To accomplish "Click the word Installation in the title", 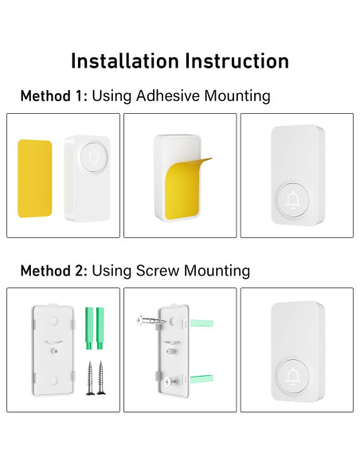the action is click(x=125, y=61).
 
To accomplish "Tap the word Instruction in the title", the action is click(x=237, y=61).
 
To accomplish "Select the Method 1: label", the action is click(x=54, y=96).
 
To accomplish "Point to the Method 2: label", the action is click(x=54, y=271).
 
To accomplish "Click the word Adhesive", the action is click(x=168, y=96).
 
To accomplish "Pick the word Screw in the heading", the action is click(x=158, y=271).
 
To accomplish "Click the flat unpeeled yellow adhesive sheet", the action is click(x=35, y=178).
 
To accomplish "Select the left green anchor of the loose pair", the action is click(x=89, y=328).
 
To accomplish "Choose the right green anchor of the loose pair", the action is click(x=100, y=328).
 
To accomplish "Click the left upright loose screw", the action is click(x=90, y=377).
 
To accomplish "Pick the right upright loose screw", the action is click(x=101, y=377).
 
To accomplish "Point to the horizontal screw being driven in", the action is click(x=151, y=320).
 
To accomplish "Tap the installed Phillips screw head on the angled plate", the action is click(x=167, y=381).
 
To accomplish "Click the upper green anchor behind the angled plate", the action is click(x=202, y=322).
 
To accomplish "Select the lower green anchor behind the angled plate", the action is click(x=202, y=379).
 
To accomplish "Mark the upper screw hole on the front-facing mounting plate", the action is click(x=53, y=321).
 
